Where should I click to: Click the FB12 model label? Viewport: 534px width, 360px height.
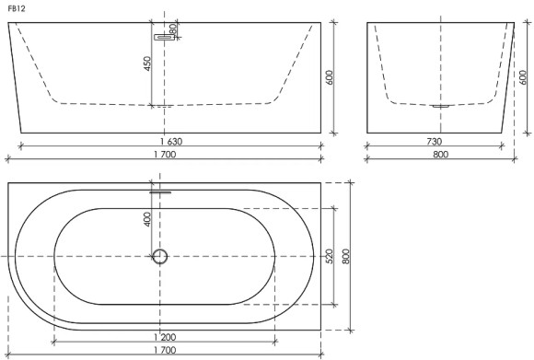[14, 7]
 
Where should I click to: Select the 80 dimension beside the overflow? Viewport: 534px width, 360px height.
[173, 29]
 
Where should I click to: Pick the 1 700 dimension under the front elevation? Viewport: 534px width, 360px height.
[167, 156]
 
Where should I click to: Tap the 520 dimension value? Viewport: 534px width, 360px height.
[329, 255]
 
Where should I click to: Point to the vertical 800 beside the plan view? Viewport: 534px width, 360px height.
[347, 255]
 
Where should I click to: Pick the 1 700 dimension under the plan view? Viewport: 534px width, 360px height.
[167, 352]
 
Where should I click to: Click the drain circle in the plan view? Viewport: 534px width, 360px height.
[160, 256]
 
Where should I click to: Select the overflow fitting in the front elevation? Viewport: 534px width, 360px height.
[165, 37]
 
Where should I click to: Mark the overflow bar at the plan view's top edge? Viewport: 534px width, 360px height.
[161, 192]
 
